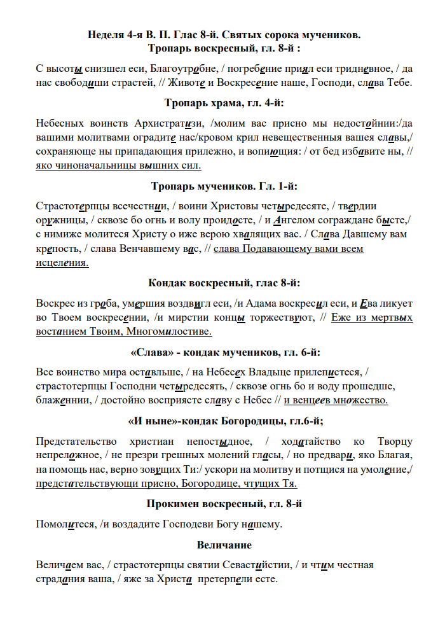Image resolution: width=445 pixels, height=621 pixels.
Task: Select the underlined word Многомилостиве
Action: pyautogui.click(x=168, y=331)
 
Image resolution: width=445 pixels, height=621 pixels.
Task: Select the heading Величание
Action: pyautogui.click(x=224, y=545)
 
